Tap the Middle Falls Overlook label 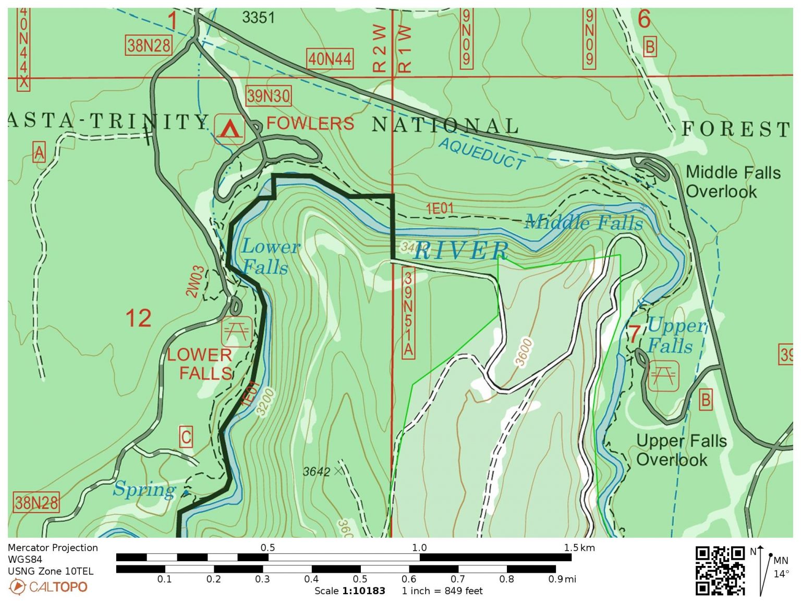(732, 182)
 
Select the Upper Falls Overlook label (681, 450)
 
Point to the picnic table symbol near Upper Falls (663, 375)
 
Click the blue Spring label (144, 490)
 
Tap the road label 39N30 (268, 96)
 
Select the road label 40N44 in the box (329, 59)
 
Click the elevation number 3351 (258, 18)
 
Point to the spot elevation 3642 (317, 472)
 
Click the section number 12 (138, 318)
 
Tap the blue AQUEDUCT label (481, 154)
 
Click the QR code (720, 570)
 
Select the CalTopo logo (48, 587)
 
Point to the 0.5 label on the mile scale (360, 579)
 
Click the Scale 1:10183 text (349, 591)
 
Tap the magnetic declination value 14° (781, 574)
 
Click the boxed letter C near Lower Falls (186, 437)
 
